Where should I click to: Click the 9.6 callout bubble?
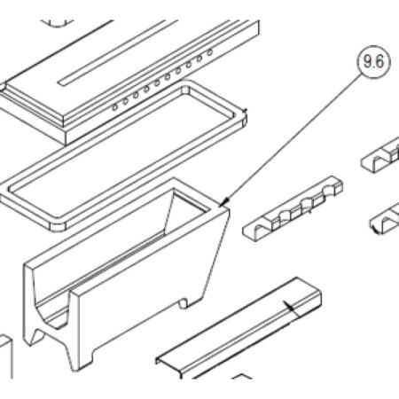(373, 62)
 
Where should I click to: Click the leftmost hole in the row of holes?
(114, 107)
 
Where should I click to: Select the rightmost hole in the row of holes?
(210, 52)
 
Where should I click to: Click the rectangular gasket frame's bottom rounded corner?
(59, 225)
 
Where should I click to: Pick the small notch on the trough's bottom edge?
(184, 303)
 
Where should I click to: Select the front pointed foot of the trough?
(74, 359)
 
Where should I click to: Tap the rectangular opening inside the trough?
(186, 209)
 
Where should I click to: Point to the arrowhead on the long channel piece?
(290, 307)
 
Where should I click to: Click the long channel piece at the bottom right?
(239, 327)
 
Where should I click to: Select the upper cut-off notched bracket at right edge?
(380, 156)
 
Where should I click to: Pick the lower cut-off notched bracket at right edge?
(385, 219)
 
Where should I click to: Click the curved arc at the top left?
(57, 23)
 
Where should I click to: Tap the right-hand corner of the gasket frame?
(244, 117)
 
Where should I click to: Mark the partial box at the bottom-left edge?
(6, 356)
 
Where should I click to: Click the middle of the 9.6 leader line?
(293, 137)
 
